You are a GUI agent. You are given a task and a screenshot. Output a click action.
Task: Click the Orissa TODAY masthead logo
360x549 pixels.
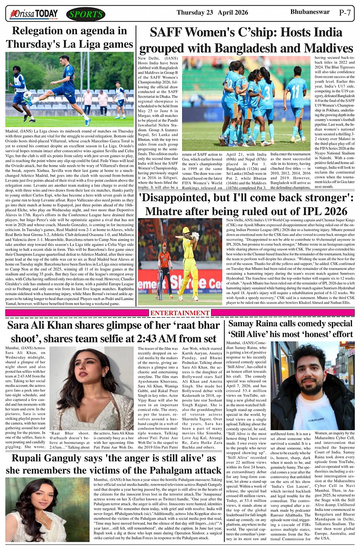pos(34,14)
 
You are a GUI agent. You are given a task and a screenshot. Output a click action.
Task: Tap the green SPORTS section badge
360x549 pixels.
pos(86,15)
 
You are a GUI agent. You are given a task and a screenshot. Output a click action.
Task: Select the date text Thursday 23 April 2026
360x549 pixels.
pos(212,13)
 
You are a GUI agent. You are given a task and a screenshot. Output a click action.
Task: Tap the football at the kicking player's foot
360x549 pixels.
pos(28,96)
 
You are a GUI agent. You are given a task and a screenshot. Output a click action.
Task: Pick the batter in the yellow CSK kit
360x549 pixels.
pos(189,263)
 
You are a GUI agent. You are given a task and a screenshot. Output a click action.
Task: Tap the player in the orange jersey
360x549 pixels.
pos(165,267)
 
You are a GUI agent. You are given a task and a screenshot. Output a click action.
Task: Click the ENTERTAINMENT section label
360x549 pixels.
pos(180,313)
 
